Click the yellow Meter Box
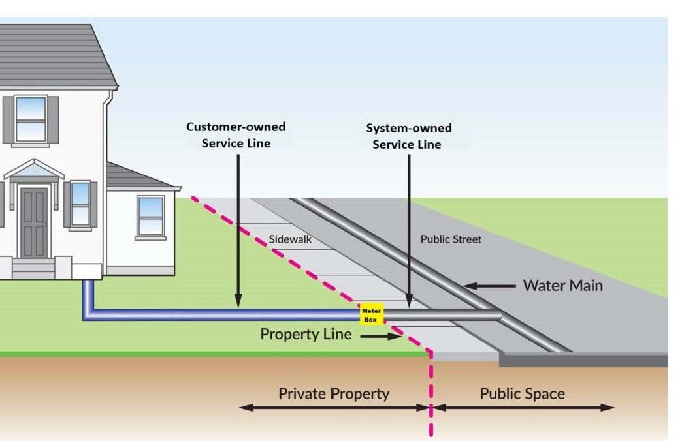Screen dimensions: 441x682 [372, 315]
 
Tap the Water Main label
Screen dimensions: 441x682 [562, 286]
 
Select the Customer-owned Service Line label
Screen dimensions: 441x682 [236, 135]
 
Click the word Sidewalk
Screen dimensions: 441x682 [290, 239]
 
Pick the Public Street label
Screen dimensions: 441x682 [451, 239]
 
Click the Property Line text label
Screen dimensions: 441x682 [306, 335]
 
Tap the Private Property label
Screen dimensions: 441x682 [333, 394]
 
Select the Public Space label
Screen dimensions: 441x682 [522, 394]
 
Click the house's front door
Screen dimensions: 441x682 [33, 222]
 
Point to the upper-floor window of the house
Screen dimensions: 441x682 [31, 118]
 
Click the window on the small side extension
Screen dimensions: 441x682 [150, 215]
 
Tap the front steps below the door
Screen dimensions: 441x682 [33, 267]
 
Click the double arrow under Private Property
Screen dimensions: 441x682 [333, 408]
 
